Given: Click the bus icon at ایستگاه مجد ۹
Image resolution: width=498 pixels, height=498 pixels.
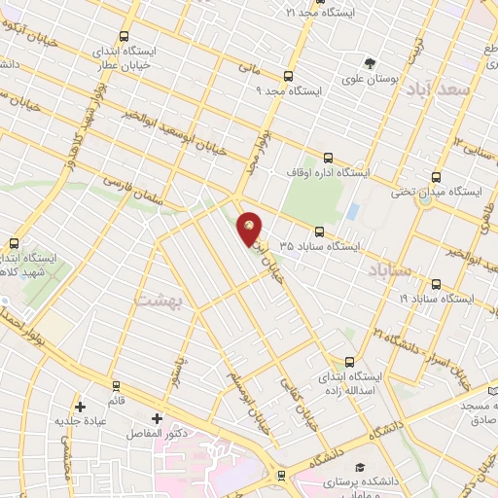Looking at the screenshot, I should coord(287,76).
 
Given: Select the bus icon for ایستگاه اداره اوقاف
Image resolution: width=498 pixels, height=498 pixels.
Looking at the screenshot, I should coord(328,157).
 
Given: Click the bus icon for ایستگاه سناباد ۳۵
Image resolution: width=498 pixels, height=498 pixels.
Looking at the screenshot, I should coord(320,231).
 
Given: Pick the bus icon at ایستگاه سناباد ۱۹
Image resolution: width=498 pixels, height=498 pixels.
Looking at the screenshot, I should coord(435,284).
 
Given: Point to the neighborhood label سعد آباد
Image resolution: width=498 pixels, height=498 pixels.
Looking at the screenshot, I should coord(468,90).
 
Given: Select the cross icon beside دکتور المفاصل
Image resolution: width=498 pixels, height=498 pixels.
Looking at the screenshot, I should coord(156,417).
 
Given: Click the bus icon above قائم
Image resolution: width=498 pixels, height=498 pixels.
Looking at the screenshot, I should coord(116,386).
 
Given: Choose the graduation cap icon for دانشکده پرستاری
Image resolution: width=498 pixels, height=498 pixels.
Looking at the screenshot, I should coord(361,468).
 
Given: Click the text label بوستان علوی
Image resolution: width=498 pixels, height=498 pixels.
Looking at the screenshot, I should coord(369,80).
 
